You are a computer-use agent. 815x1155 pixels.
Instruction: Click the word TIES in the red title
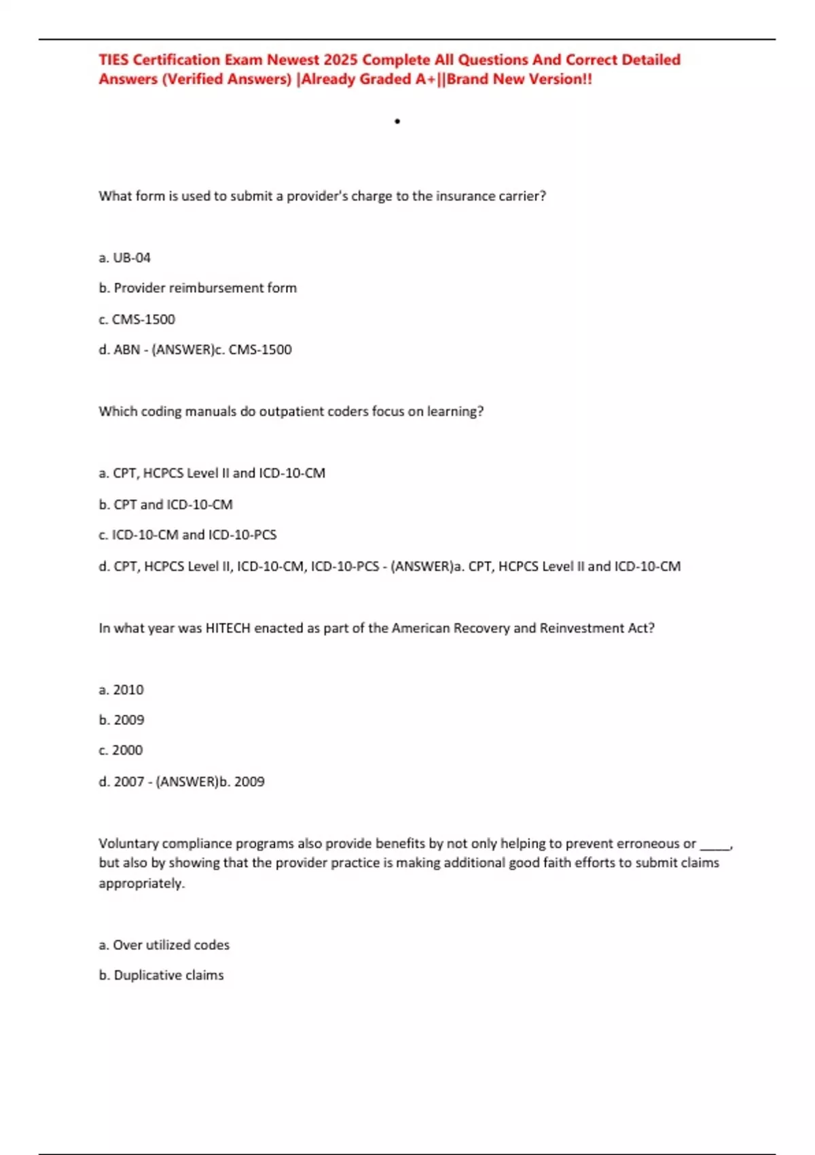click(113, 60)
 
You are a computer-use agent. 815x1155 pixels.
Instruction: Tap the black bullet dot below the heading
click(397, 122)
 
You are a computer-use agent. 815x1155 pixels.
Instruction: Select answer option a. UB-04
click(125, 257)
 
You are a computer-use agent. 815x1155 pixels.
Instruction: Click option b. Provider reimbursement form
click(198, 288)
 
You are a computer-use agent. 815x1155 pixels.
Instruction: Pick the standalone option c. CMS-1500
click(137, 319)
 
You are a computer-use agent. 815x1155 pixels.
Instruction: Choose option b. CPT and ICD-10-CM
click(166, 505)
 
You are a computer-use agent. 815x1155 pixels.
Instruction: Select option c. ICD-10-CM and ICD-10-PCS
click(187, 535)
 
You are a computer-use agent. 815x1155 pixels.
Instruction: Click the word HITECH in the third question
click(228, 628)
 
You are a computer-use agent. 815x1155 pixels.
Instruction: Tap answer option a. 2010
click(122, 690)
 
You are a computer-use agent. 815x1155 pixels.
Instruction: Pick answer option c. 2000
click(121, 750)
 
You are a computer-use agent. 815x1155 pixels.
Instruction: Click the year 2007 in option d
click(129, 782)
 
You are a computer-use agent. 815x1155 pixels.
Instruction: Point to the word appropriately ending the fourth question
click(141, 884)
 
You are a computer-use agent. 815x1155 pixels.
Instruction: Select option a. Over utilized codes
click(164, 945)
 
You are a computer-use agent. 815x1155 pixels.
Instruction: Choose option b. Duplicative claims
click(162, 976)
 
